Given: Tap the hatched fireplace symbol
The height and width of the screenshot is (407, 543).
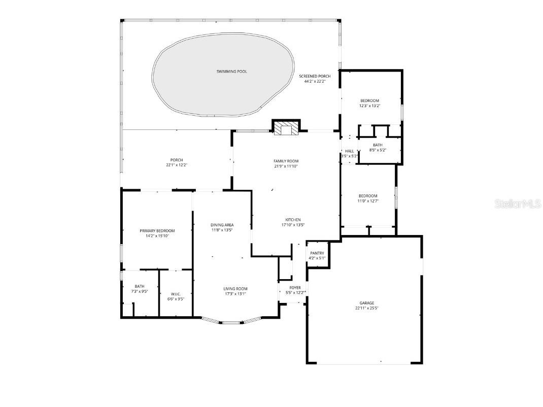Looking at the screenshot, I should pos(286,129).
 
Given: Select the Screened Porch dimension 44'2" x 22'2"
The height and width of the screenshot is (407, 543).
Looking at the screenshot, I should pos(315,81).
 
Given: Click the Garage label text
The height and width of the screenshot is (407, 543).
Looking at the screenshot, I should pos(366,303).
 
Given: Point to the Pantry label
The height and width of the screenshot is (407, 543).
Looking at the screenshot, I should pos(317,253).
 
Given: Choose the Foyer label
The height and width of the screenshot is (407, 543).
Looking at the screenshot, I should pos(295,288).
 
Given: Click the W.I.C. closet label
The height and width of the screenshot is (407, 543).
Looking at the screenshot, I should pos(176,294).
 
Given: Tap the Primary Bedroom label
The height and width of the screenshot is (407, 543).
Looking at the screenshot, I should pos(157,230).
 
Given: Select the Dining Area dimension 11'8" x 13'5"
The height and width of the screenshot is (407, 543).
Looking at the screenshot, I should pos(222,230).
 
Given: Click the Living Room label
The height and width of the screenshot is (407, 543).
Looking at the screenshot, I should pos(235,289).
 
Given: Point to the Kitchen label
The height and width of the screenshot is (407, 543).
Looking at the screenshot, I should pos(293,220).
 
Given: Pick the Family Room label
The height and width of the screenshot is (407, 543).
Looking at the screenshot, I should pos(286,161).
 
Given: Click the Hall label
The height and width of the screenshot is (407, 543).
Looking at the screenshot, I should pos(349,151).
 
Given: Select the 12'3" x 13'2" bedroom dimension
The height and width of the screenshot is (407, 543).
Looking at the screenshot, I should pos(370,106).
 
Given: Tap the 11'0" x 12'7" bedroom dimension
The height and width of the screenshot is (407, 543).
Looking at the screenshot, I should pos(368,201).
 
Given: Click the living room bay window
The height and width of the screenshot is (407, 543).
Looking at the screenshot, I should pos(231,321).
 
